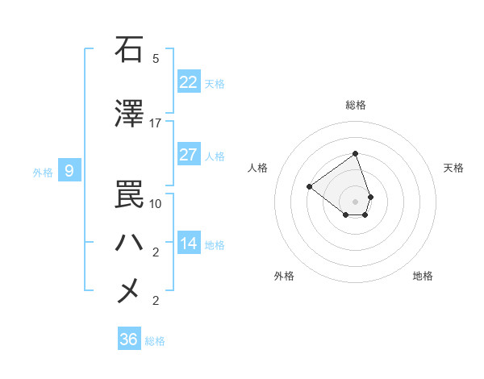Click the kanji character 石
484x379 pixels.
129,49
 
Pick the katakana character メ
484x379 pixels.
129,290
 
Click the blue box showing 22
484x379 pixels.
189,82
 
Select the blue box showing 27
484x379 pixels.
189,155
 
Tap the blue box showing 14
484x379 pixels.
189,244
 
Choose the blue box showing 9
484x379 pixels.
69,171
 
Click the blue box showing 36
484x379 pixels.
129,339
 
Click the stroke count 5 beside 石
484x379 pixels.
156,59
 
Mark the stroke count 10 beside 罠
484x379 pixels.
156,203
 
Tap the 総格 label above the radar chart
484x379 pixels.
356,105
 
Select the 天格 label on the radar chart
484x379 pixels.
453,168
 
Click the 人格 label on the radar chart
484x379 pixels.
258,168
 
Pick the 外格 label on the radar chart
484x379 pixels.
284,276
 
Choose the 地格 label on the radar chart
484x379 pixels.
423,276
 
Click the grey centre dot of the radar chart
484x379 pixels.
356,201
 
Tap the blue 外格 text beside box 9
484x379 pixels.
42,172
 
